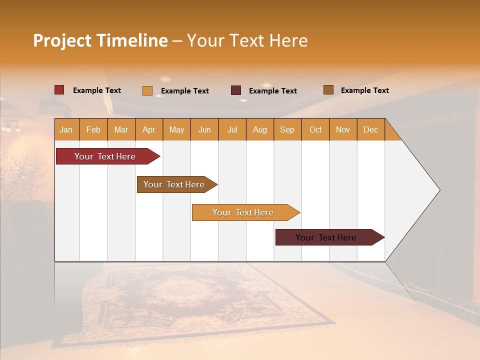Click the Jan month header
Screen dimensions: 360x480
pyautogui.click(x=66, y=130)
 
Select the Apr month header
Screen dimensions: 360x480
pyautogui.click(x=149, y=130)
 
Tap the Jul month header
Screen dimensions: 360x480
pyautogui.click(x=232, y=130)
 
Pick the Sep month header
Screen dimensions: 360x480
pyautogui.click(x=287, y=130)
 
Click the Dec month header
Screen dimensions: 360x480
pyautogui.click(x=370, y=130)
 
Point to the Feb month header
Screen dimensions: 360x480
pyautogui.click(x=93, y=130)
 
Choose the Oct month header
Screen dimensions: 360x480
pyautogui.click(x=315, y=130)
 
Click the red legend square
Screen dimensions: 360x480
pyautogui.click(x=59, y=90)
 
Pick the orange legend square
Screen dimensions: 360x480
pyautogui.click(x=147, y=90)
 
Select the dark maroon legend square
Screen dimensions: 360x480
pyautogui.click(x=236, y=90)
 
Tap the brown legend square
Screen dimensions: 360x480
pyautogui.click(x=328, y=90)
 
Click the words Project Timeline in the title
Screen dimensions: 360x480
pyautogui.click(x=100, y=40)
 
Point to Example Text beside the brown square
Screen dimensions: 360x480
pyautogui.click(x=364, y=90)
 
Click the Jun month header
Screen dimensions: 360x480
pyautogui.click(x=204, y=130)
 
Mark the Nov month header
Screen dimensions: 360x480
pyautogui.click(x=343, y=130)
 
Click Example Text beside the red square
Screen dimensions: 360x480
pyautogui.click(x=97, y=90)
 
